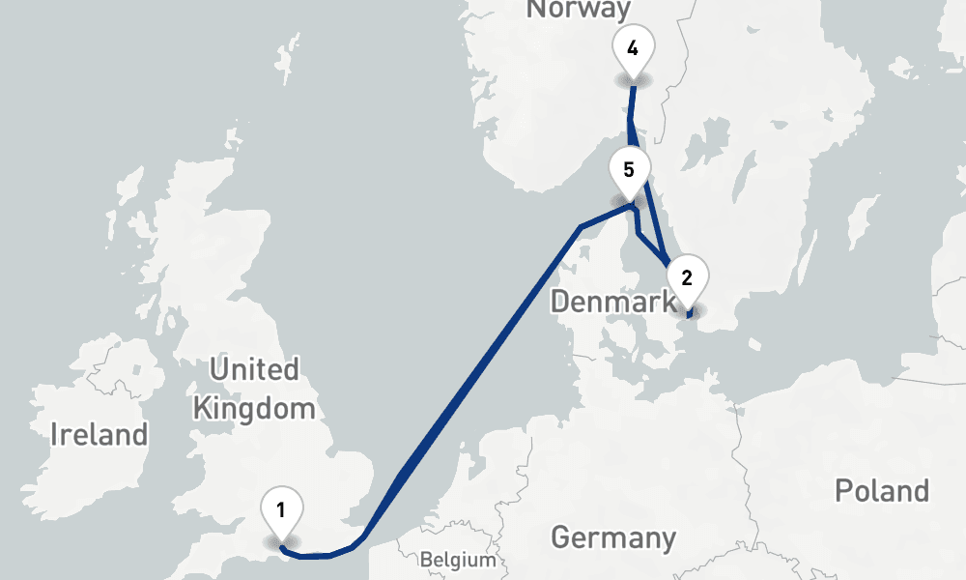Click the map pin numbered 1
coord(281,509)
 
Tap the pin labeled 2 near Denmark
coord(687,278)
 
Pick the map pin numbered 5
coord(629,170)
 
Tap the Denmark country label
coord(612,302)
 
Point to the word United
coord(254,369)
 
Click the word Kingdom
coord(254,408)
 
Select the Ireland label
coord(99,434)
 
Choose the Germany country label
coord(613,537)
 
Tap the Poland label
coord(882,491)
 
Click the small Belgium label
coord(458,560)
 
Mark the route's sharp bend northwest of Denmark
coord(580,228)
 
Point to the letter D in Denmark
coord(560,302)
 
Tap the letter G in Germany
coord(561,537)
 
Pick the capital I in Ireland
coord(56,434)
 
